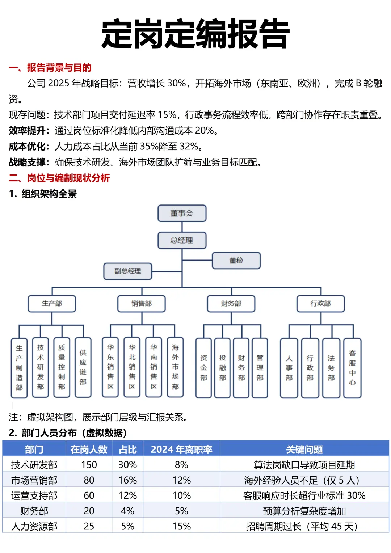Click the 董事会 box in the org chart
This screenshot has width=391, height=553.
tap(182, 213)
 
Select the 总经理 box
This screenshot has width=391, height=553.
tap(182, 240)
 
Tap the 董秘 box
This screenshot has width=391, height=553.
tap(236, 261)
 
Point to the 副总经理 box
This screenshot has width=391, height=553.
tap(127, 271)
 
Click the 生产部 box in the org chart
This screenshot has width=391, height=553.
tap(52, 304)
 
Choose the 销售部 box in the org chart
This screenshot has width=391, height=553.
tap(141, 304)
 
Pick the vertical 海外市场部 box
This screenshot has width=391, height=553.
tap(175, 367)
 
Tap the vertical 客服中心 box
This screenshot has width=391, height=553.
tap(352, 368)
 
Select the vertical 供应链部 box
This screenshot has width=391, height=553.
tap(83, 367)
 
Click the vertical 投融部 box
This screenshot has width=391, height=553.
tap(222, 368)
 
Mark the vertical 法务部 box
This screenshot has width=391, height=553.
tap(331, 368)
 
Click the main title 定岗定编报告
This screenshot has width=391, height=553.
tap(195, 34)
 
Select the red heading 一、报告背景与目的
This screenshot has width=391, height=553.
tap(50, 68)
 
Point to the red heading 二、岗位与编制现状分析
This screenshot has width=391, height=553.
tap(59, 178)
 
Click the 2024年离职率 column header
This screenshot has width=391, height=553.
tap(181, 449)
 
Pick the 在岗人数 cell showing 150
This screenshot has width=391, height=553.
tap(89, 465)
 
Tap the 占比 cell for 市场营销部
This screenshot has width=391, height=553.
tap(127, 480)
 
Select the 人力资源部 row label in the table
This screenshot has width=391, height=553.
tap(34, 526)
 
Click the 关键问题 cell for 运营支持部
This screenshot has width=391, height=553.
tap(304, 495)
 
